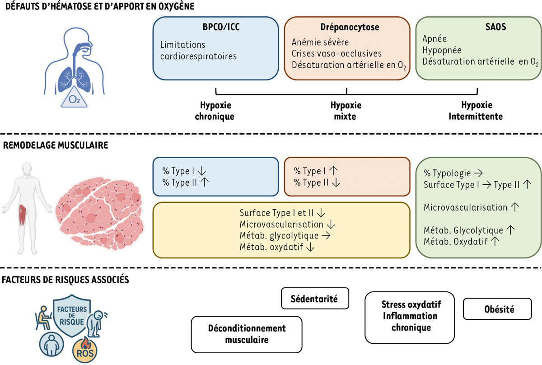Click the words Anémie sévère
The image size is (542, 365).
tap(320, 43)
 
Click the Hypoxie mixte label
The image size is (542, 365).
tap(346, 111)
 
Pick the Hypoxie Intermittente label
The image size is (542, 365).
tap(476, 111)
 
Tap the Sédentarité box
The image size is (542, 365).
tap(315, 299)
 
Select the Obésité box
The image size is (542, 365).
tap(497, 309)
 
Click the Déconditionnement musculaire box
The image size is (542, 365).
tap(247, 334)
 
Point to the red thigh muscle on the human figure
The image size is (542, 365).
tap(21, 211)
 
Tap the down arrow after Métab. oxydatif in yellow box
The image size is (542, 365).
tap(311, 247)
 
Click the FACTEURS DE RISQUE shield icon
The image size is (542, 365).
tap(68, 316)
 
